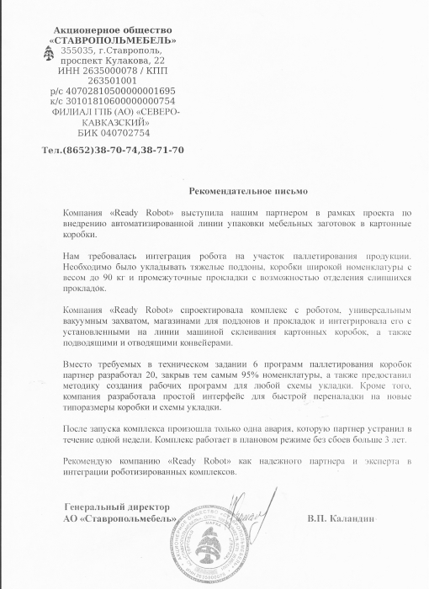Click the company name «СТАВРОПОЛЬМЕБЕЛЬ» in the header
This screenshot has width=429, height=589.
pyautogui.click(x=113, y=40)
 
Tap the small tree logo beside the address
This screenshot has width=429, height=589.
pyautogui.click(x=49, y=53)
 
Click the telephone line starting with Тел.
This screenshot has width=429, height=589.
pyautogui.click(x=112, y=150)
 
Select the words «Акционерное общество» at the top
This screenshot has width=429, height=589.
pyautogui.click(x=113, y=29)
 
